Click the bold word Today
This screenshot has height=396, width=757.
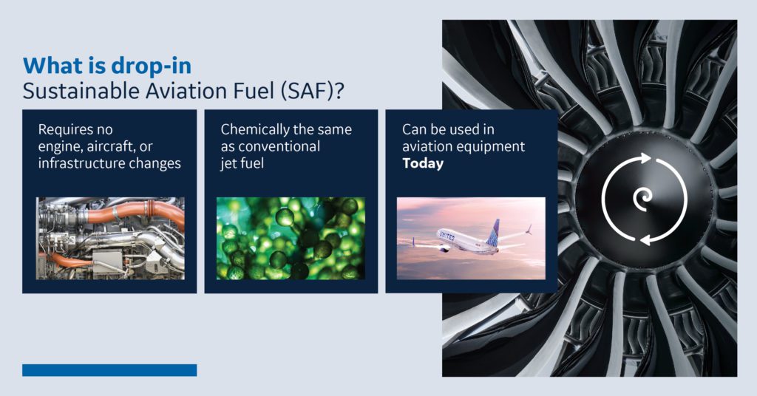pyautogui.click(x=423, y=163)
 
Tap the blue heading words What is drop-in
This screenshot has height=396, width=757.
pyautogui.click(x=107, y=66)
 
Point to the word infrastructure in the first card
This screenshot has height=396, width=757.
pyautogui.click(x=81, y=163)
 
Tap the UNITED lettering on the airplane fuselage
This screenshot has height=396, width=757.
pyautogui.click(x=447, y=236)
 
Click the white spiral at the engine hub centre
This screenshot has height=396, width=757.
pyautogui.click(x=643, y=199)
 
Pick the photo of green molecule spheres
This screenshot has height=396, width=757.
pyautogui.click(x=291, y=239)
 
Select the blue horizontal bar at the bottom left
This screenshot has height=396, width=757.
pyautogui.click(x=109, y=370)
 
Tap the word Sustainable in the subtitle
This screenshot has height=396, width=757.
pyautogui.click(x=77, y=91)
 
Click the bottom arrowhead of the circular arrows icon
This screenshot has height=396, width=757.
pyautogui.click(x=645, y=239)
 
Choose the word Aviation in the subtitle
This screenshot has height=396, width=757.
pyautogui.click(x=183, y=91)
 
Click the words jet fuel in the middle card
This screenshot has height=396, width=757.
pyautogui.click(x=242, y=163)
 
